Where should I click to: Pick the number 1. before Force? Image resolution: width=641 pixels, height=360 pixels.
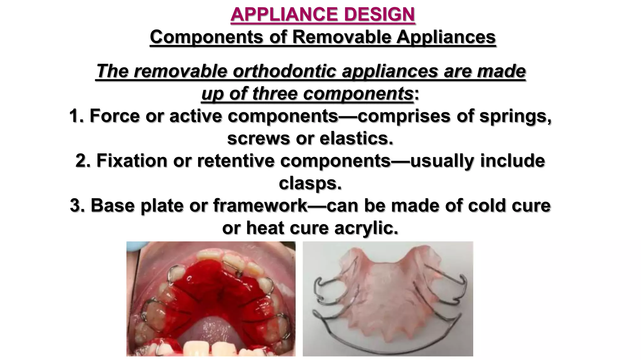77,116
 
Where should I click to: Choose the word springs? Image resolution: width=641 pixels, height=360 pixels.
515,116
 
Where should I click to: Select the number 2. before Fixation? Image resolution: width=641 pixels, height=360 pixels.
83,161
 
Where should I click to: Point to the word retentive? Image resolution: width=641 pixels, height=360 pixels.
236,161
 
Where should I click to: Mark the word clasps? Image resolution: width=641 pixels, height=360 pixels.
310,183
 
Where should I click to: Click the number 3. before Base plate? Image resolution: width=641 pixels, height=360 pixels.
78,206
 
